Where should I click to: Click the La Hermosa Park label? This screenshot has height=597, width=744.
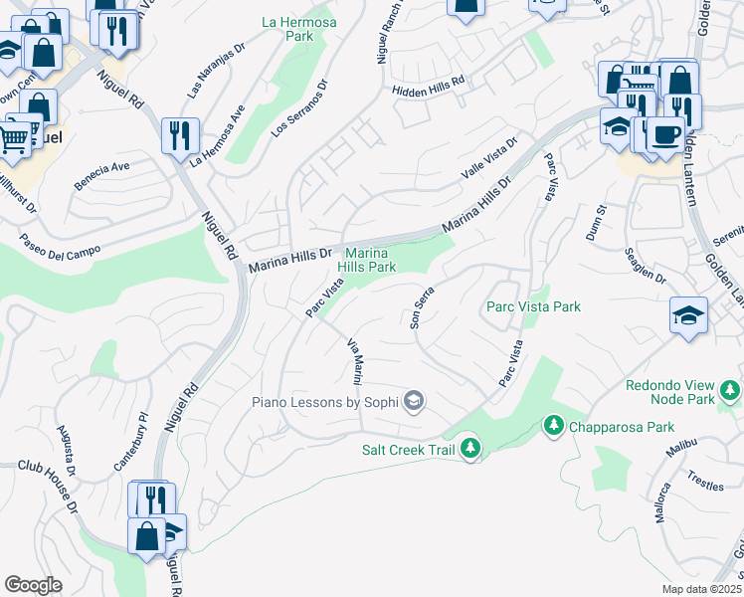click(298, 29)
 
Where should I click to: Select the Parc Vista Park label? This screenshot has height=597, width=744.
click(533, 307)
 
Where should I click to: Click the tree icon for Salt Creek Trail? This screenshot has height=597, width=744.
click(469, 449)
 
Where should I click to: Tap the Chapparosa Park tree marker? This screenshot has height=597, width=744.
click(553, 426)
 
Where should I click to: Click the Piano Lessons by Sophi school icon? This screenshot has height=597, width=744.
click(414, 401)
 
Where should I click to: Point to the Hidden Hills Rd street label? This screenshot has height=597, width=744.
click(429, 87)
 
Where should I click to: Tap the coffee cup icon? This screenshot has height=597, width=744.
click(663, 134)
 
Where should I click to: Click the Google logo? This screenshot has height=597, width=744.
click(33, 585)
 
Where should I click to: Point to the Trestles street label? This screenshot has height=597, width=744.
click(705, 483)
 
